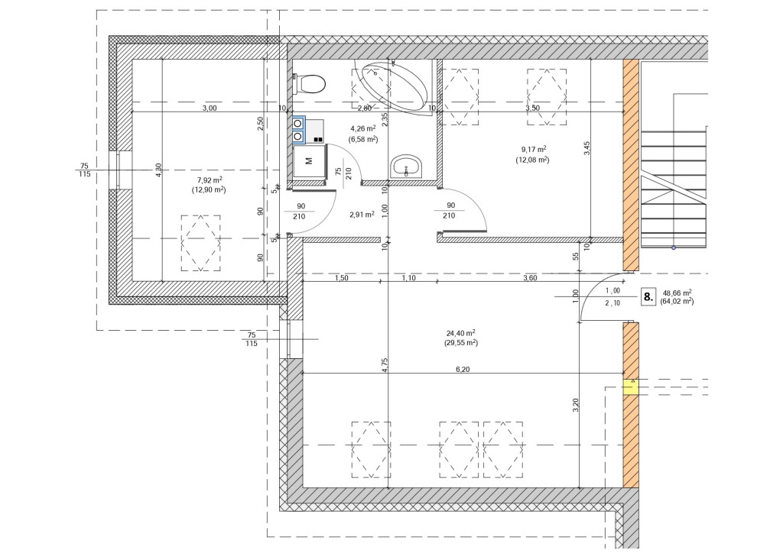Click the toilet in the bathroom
click(310, 84)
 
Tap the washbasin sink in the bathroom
click(406, 166)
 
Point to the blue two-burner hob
click(299, 129)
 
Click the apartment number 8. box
click(648, 298)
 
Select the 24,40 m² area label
click(460, 333)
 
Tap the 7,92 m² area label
click(209, 180)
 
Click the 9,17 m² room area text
click(533, 150)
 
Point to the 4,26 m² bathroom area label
click(363, 128)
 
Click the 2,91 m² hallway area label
click(362, 215)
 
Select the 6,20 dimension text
click(463, 370)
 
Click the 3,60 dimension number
click(530, 278)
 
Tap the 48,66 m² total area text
click(677, 293)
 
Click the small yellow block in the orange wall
click(631, 387)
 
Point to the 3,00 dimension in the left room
click(210, 108)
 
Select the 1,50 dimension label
click(341, 278)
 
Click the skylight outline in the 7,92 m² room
click(201, 244)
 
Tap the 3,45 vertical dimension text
click(587, 148)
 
